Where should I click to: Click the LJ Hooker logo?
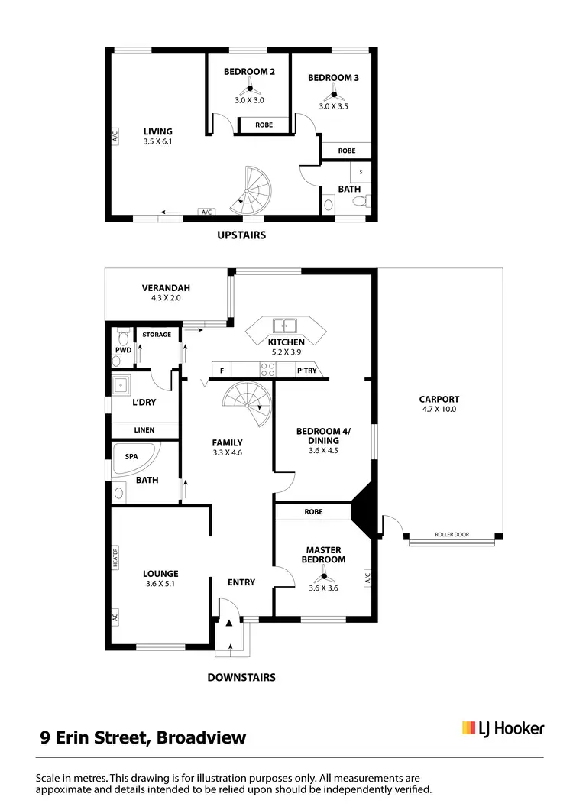point(503,728)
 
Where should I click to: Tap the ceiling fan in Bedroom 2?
point(249,89)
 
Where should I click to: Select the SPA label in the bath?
point(131,456)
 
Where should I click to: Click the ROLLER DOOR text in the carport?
point(451,535)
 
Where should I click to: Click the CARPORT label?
point(439,399)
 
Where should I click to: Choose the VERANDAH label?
point(165,288)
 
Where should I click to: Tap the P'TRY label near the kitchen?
point(307,371)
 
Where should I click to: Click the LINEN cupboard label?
point(144,430)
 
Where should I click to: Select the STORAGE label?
point(157,335)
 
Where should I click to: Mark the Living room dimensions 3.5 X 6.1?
point(157,141)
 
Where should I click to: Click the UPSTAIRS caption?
point(241,235)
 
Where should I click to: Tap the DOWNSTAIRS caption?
point(241,677)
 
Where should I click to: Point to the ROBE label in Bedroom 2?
point(264,125)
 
